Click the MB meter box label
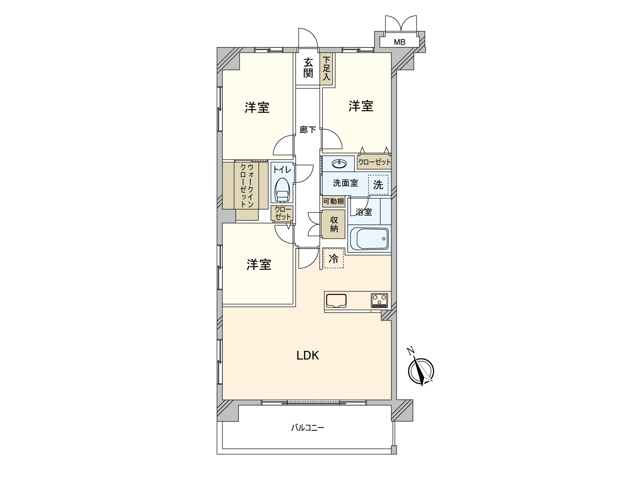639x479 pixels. click(x=399, y=42)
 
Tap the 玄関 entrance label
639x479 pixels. click(x=308, y=68)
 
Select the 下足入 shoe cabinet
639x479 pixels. click(x=326, y=69)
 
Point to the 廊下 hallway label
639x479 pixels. click(x=308, y=130)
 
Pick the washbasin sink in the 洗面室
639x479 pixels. click(x=339, y=164)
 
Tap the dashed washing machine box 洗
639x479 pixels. click(x=378, y=185)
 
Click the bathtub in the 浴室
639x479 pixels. click(x=369, y=238)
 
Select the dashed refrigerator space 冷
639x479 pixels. click(x=333, y=258)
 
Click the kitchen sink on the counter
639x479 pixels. click(x=336, y=301)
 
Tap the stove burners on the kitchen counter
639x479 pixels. click(x=379, y=301)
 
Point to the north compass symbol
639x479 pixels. click(x=421, y=370)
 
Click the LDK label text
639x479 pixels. click(x=308, y=355)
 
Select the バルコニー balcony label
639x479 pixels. click(x=308, y=428)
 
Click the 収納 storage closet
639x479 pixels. click(x=333, y=224)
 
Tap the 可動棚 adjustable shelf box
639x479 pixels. click(x=333, y=201)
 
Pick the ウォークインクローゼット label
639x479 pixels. click(x=247, y=186)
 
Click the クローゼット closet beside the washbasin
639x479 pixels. click(x=374, y=162)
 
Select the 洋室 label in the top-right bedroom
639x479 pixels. click(x=361, y=106)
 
